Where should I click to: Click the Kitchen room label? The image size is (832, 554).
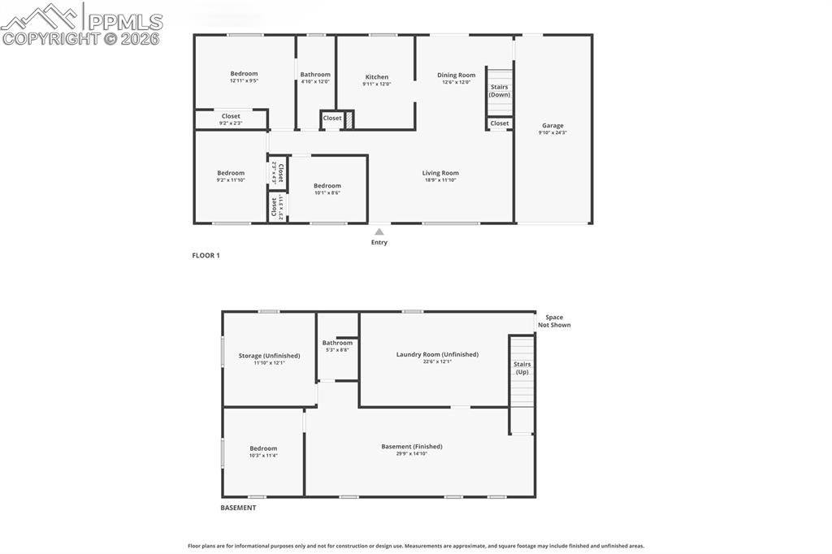(376, 77)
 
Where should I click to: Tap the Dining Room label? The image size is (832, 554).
(456, 76)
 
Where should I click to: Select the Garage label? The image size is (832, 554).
(552, 126)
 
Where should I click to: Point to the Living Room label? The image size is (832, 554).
(440, 173)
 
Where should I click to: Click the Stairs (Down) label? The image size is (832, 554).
(499, 91)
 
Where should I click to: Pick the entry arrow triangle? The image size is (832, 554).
(379, 232)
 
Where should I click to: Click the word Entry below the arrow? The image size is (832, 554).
(379, 242)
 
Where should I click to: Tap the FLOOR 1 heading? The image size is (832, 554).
(206, 255)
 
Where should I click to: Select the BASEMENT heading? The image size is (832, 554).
(238, 508)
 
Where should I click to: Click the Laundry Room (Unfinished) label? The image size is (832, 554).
(437, 354)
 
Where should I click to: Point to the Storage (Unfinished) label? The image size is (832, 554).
(269, 356)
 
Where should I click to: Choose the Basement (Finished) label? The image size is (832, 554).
(412, 446)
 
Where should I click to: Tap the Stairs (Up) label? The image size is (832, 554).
(522, 368)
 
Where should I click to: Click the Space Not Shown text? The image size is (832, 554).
(557, 322)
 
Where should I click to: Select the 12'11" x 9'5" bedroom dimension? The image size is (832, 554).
(244, 81)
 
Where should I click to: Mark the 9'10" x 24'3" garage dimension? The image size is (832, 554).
(552, 133)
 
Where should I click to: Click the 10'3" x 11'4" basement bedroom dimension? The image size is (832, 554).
(263, 456)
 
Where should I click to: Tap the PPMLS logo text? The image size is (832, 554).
(123, 21)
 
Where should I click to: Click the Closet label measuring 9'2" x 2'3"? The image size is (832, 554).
(231, 116)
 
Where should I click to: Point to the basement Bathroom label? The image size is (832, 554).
(337, 343)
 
